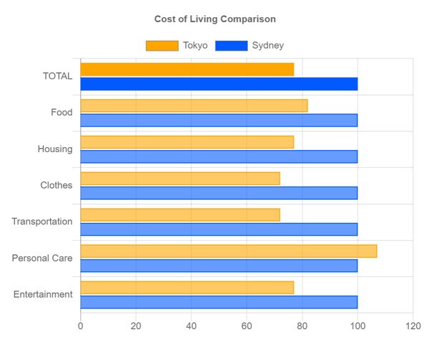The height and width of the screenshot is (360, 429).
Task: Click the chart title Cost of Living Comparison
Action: tap(214, 19)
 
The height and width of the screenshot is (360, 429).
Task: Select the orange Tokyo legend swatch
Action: tap(162, 46)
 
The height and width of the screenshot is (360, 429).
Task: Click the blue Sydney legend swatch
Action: tap(231, 46)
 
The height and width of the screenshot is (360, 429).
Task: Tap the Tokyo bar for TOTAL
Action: tap(187, 69)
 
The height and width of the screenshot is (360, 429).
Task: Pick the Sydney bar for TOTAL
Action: tap(219, 84)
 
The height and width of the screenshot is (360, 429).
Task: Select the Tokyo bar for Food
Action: tap(194, 106)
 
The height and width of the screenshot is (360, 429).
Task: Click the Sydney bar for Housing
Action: tap(219, 156)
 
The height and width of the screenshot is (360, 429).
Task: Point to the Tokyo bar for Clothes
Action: tap(180, 179)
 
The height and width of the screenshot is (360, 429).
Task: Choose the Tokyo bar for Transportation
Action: tap(180, 214)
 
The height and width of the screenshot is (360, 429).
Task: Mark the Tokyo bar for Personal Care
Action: tap(228, 251)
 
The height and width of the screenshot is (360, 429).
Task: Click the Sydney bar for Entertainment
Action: tap(219, 302)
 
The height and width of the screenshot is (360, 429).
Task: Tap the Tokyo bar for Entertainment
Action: tap(187, 287)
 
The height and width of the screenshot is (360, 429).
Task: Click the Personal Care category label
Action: tap(42, 258)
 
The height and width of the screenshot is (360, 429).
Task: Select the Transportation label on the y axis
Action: tap(42, 221)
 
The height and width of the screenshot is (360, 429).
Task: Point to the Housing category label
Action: tap(55, 149)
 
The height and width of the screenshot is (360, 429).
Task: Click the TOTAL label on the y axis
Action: tap(58, 76)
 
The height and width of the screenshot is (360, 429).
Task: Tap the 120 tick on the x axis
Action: tap(413, 326)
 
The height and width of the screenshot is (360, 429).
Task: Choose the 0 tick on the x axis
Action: tap(80, 326)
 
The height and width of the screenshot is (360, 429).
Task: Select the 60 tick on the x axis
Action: tap(247, 326)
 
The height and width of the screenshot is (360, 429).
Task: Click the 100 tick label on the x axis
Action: tap(357, 326)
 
